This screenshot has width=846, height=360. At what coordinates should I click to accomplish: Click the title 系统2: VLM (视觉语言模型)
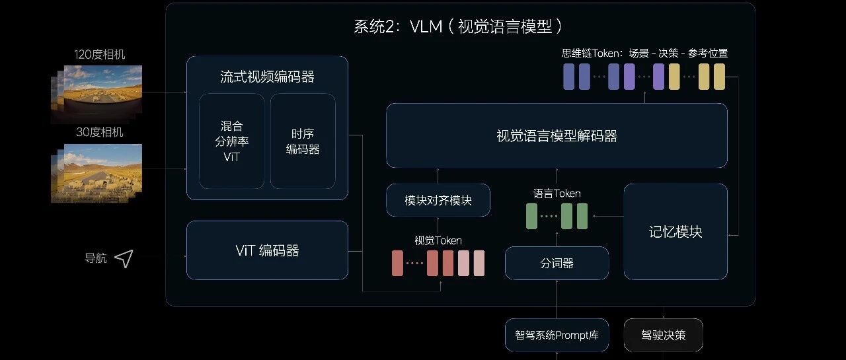coord(458,26)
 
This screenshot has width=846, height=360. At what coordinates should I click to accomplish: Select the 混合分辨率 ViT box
coord(231,141)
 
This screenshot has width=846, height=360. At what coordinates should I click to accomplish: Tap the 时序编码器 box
coord(303,141)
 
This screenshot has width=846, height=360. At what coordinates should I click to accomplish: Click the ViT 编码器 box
coord(267,250)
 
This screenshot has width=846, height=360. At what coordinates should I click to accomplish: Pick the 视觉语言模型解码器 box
coord(557,135)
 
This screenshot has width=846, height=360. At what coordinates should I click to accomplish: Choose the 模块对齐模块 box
coord(438,200)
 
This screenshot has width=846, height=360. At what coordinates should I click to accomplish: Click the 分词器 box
coord(557,263)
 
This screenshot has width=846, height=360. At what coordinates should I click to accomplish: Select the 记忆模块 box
coord(675,232)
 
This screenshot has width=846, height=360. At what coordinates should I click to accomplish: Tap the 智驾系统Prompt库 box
coord(557,335)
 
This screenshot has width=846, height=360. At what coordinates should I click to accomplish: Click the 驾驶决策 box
coord(663,335)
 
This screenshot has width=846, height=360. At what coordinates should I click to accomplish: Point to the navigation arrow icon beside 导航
coord(124,258)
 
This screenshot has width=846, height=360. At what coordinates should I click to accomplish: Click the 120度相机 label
coord(99,54)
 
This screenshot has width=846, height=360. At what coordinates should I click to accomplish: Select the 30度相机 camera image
coord(96,173)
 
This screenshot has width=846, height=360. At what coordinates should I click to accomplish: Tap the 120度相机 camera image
coord(96,94)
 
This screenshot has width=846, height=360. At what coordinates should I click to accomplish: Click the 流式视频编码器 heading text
coord(267,77)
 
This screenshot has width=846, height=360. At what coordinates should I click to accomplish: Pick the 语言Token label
coord(557,194)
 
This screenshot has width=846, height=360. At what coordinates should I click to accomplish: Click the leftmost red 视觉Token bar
coord(397,263)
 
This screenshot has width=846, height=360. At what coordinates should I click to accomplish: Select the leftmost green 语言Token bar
coord(531,216)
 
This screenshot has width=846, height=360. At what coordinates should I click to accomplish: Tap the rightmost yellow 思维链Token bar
coord(719,77)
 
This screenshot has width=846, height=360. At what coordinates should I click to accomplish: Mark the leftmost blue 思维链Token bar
coord(569,77)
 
